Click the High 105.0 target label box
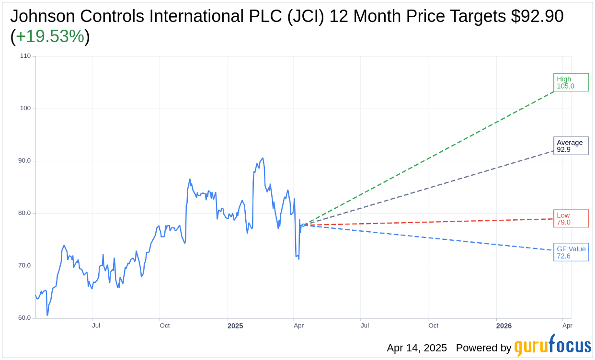571,82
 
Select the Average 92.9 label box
571,146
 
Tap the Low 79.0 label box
571,218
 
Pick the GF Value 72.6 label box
571,252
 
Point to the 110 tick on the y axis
25,56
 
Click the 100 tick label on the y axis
25,108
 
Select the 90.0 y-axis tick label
24,161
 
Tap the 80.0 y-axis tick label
24,213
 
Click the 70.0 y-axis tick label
24,266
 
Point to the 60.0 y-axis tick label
24,318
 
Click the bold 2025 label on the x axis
235,326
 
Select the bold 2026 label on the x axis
504,326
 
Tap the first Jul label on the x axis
96,326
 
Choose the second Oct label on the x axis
433,326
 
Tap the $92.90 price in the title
537,16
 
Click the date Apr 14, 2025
417,348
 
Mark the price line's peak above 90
263,158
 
